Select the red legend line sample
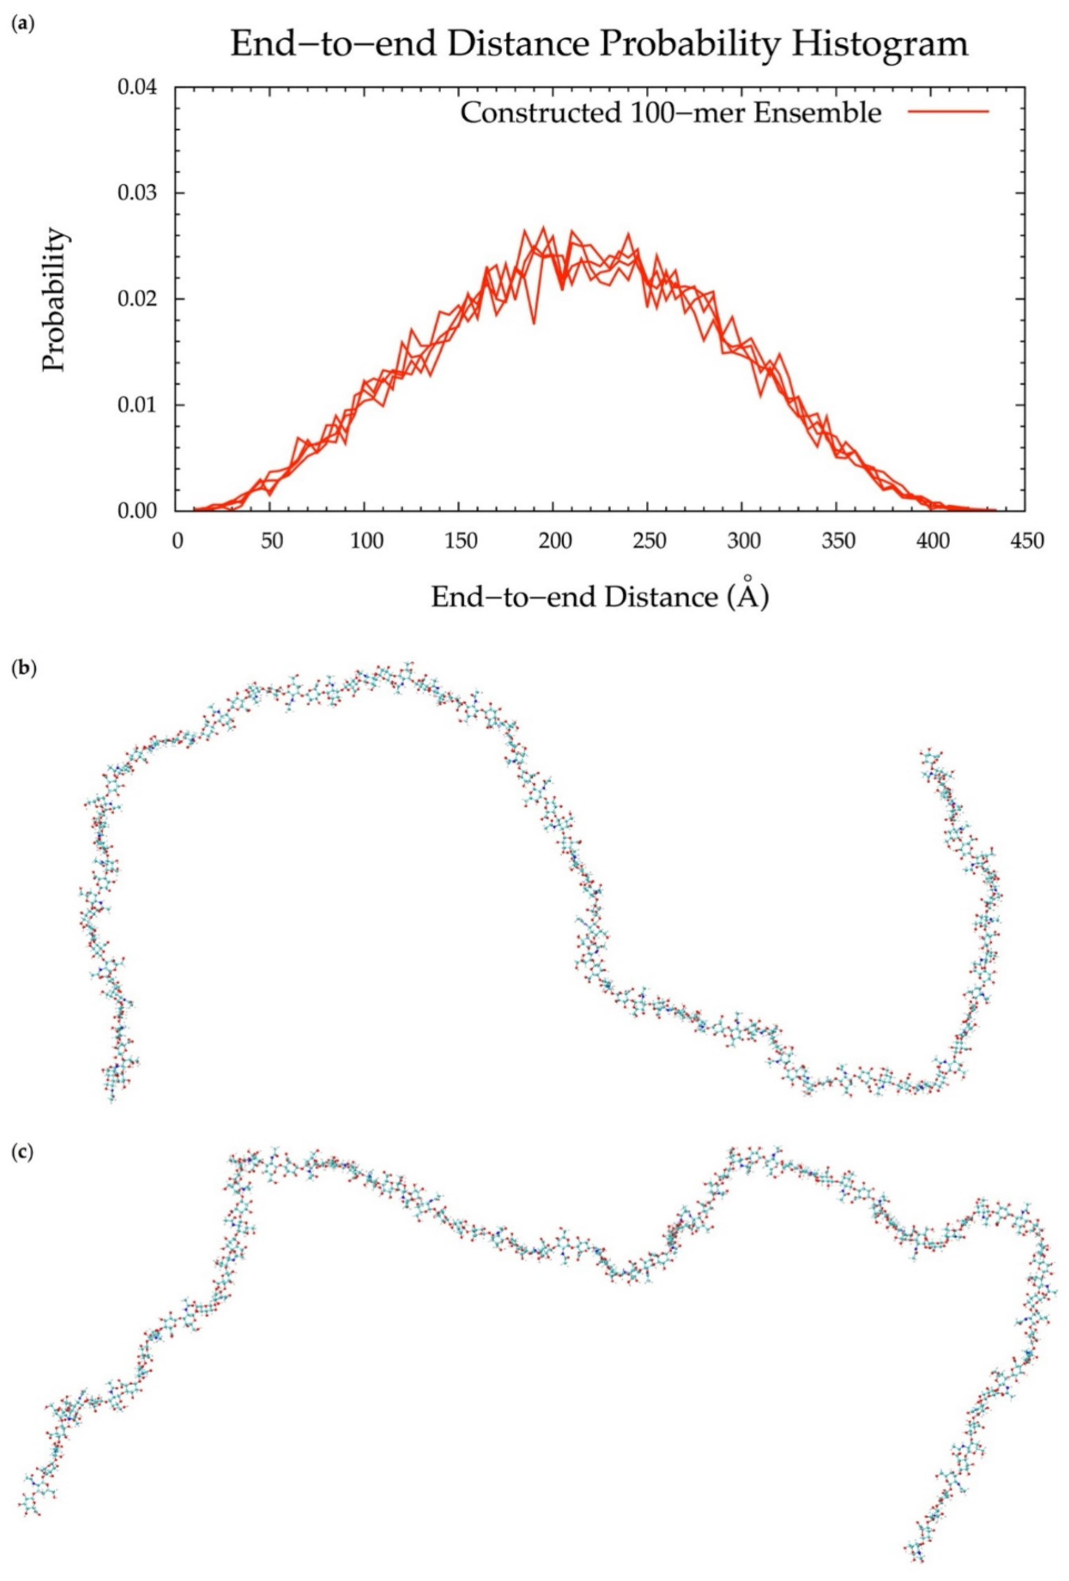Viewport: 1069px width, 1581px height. [948, 111]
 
